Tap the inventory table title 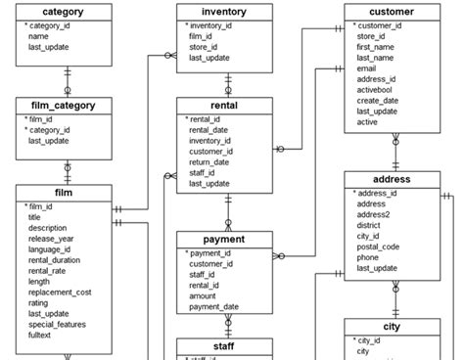(224, 13)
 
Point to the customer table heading (392, 13)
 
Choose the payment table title (224, 239)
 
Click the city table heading (392, 327)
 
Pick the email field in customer (368, 68)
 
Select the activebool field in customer (378, 90)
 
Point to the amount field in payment (205, 295)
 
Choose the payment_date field (214, 306)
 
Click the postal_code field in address (383, 247)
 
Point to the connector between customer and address (394, 152)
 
